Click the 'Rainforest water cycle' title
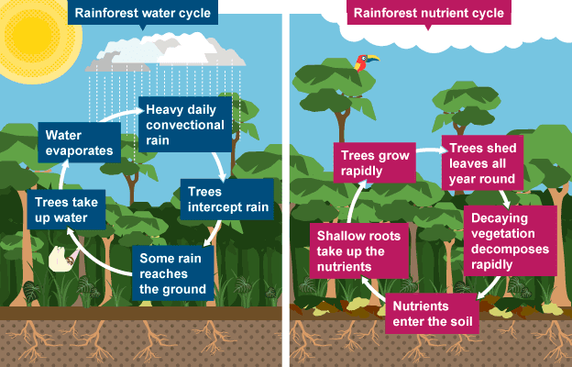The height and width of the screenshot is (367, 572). point(142,14)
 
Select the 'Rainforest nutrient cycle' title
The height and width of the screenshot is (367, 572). point(428,14)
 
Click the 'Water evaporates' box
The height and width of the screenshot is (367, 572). point(81,144)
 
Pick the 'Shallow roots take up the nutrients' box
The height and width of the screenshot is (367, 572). point(355,249)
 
